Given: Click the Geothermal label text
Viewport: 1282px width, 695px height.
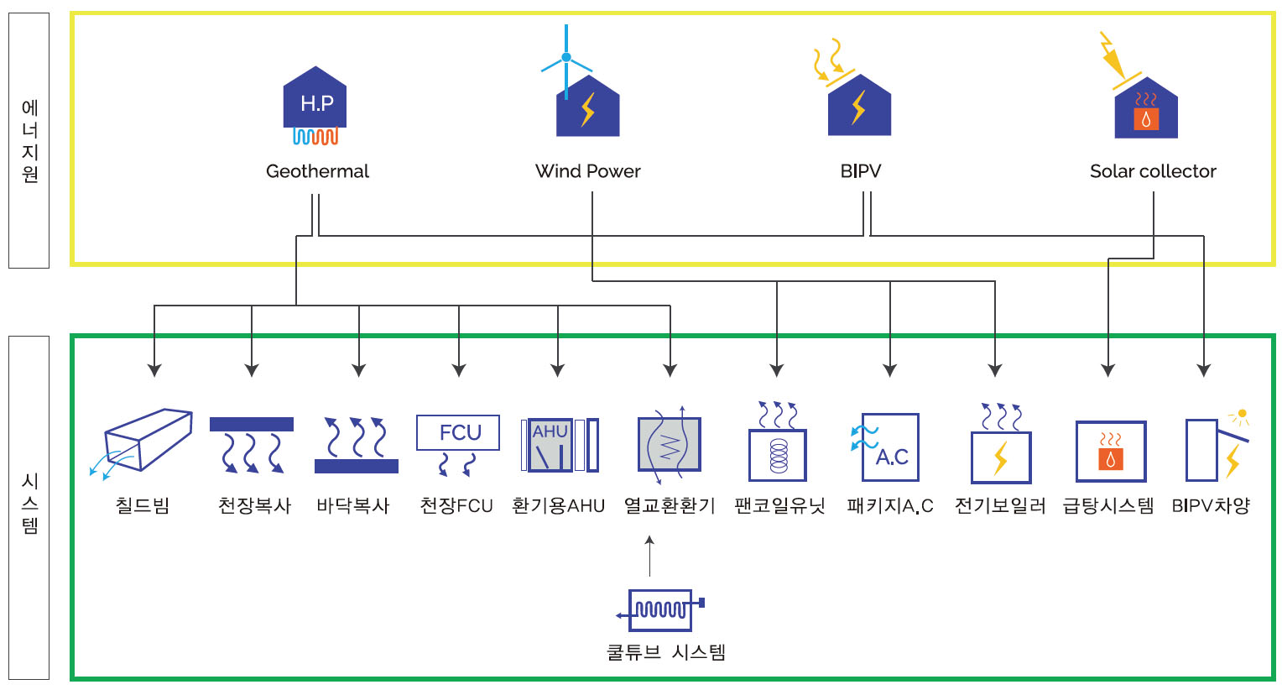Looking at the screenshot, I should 317,171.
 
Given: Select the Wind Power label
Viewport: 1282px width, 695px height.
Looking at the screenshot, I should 587,171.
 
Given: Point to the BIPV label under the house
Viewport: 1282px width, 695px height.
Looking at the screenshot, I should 861,171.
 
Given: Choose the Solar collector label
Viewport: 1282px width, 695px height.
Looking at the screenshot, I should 1153,171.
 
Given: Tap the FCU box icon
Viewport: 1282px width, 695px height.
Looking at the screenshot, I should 458,433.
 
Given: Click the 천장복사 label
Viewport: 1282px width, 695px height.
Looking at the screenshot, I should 254,506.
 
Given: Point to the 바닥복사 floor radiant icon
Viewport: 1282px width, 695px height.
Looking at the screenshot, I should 357,445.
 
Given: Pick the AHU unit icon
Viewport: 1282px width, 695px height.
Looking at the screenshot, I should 559,445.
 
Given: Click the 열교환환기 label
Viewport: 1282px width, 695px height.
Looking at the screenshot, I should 670,506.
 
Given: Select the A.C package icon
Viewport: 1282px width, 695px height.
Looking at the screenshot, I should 889,447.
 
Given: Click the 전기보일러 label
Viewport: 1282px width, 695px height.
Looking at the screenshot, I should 1000,506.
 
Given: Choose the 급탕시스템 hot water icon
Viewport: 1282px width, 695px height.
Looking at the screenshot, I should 1111,451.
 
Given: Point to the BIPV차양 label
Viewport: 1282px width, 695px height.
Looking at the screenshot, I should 1211,506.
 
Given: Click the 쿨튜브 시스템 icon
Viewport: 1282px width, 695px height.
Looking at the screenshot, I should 661,609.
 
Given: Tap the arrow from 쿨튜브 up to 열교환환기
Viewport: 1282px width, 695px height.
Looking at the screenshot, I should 649,556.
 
